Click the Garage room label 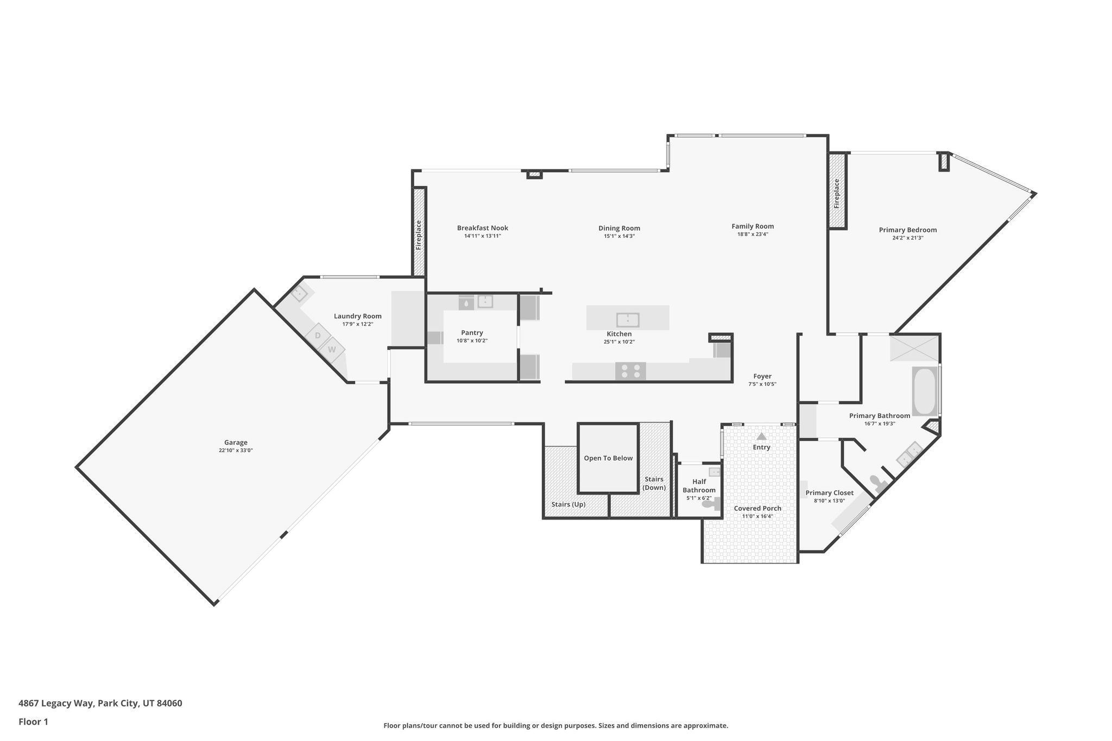pos(236,442)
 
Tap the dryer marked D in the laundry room pos(318,335)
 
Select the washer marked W pos(332,350)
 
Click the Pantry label pos(472,333)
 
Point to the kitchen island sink pos(628,319)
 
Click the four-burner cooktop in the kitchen pos(630,371)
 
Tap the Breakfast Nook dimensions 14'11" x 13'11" pos(482,236)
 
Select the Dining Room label pos(619,228)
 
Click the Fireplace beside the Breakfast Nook pos(419,235)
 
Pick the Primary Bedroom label pos(907,230)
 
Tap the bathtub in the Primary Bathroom pos(925,391)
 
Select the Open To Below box pos(608,458)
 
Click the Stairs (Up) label pos(568,504)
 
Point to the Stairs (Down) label pos(654,483)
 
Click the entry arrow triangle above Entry pos(761,436)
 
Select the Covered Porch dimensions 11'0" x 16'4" pos(757,516)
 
